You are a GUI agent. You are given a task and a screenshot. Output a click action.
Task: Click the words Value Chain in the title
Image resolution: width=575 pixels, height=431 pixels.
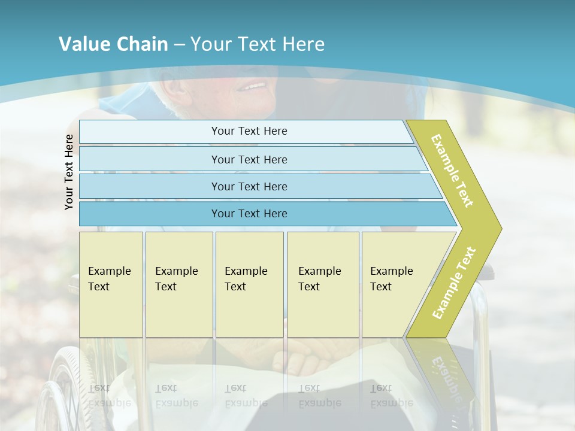coord(113,44)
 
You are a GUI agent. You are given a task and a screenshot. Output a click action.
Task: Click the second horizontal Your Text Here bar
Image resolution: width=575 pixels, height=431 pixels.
coord(249,159)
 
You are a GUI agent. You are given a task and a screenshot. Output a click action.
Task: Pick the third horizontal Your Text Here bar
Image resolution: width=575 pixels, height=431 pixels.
coord(249,186)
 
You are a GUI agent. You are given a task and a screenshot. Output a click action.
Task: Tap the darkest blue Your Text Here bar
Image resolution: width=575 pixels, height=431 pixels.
coord(249,214)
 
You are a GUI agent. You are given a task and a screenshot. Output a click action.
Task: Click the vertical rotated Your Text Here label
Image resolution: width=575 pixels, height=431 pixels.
coord(69,172)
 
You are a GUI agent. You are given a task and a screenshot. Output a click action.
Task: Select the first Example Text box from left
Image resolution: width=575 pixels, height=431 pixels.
coord(111,284)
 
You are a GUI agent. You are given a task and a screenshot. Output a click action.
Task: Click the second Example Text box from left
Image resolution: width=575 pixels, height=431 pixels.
coord(178,284)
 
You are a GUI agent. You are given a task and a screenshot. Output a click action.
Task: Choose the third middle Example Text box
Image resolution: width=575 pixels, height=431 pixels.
coord(249,284)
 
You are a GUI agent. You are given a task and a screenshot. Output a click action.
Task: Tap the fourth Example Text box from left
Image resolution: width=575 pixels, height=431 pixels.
coord(323,284)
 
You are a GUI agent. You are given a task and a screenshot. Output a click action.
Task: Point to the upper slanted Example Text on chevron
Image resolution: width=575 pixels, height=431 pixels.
coord(453,171)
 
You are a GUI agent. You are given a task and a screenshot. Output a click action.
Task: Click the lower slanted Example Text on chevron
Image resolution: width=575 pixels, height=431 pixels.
coord(454,283)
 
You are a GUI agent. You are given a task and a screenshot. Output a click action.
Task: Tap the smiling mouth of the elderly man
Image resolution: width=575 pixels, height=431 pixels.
coord(252,87)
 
